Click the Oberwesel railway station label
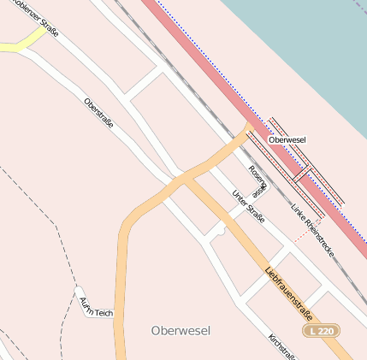tap(287, 139)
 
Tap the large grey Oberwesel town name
tap(180, 330)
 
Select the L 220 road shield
tap(323, 330)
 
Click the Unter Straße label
tap(248, 207)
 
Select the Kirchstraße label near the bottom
tap(281, 345)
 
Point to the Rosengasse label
tap(257, 178)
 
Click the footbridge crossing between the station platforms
tap(300, 175)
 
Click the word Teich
tap(103, 312)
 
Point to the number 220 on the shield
tap(328, 330)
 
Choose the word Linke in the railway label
tap(299, 212)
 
